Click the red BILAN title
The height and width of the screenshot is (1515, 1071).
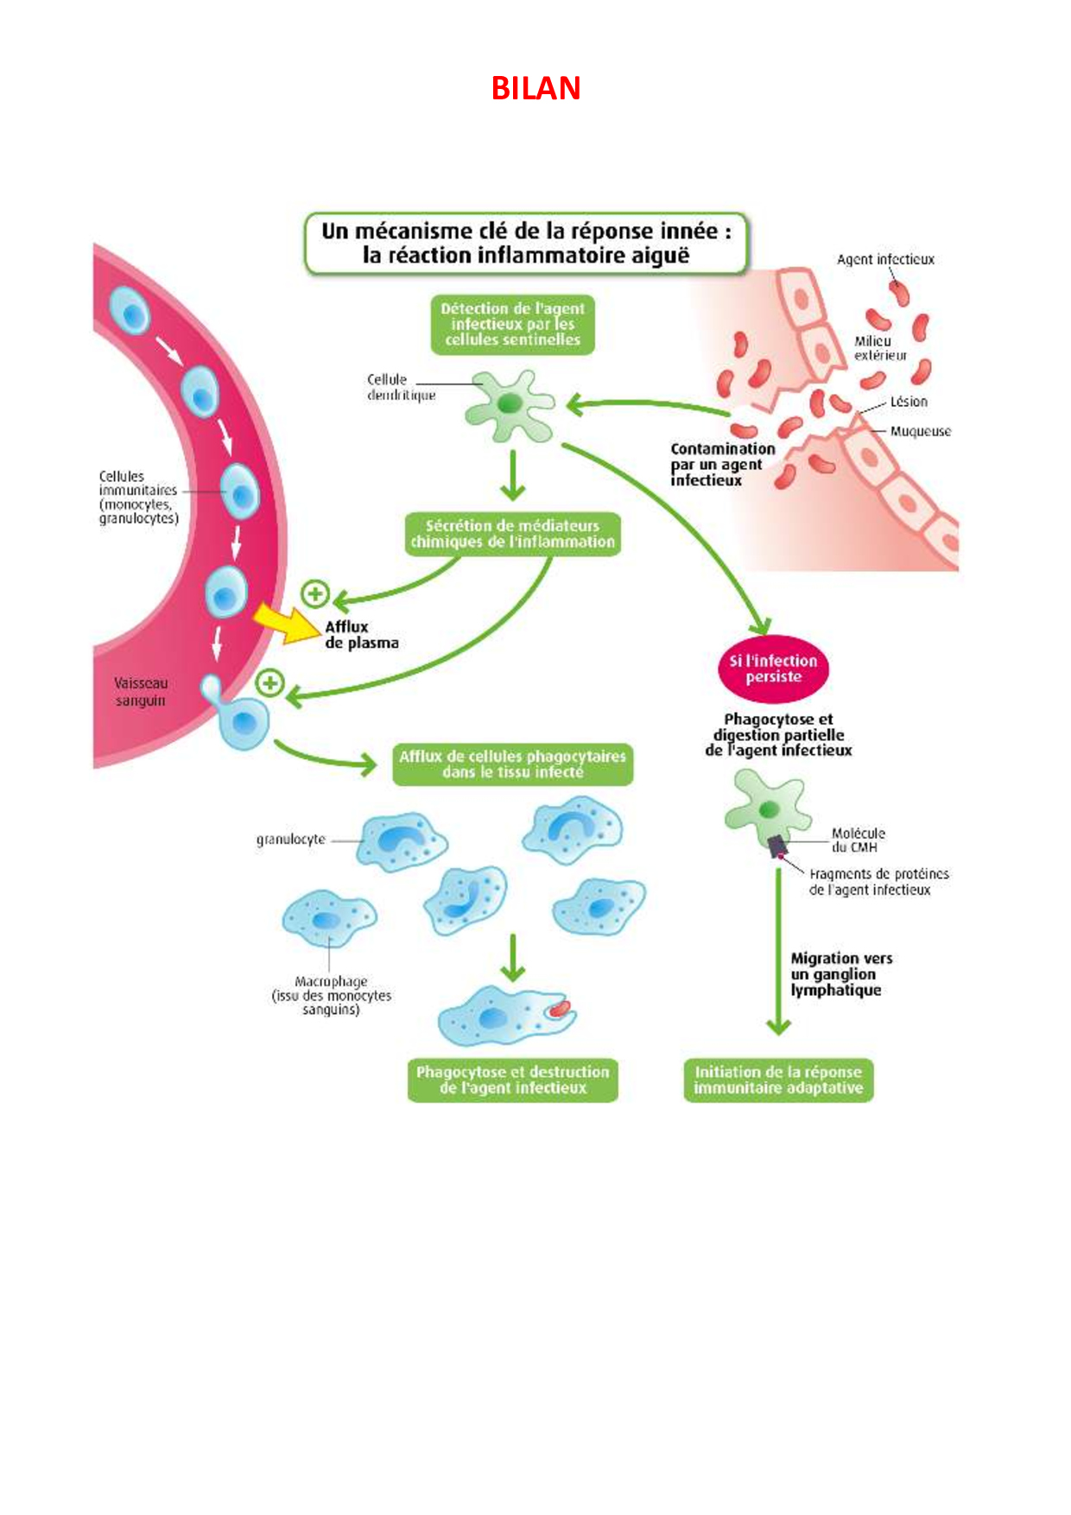coord(535,88)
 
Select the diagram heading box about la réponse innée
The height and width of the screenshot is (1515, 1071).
coord(526,244)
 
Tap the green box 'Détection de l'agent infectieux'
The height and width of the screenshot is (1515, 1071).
coord(513,325)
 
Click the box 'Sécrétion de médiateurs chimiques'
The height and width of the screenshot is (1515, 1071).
coord(513,534)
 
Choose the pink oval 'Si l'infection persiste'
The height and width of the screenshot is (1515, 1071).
coord(773,669)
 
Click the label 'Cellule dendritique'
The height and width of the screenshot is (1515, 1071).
coord(401,387)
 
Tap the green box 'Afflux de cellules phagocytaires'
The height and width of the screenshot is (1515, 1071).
coord(512,764)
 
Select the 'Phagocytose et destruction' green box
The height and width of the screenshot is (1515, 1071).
coord(513,1080)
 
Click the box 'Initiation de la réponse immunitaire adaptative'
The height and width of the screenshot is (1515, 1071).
coord(778,1080)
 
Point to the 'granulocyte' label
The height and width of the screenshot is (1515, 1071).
coord(291,840)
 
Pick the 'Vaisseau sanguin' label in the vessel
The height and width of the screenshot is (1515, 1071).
coord(141,692)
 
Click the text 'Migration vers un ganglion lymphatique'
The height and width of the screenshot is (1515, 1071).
coord(841,974)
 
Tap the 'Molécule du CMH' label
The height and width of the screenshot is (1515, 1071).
coord(858,840)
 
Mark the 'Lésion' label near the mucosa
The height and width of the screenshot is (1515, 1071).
coord(909,402)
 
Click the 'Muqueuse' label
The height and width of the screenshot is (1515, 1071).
coord(921,431)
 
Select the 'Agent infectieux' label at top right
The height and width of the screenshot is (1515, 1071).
coord(885,259)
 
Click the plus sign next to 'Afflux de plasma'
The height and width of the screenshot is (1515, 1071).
coord(315,594)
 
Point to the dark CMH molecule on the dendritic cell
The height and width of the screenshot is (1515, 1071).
coord(777,846)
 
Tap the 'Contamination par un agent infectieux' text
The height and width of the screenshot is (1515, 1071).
coord(722,465)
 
